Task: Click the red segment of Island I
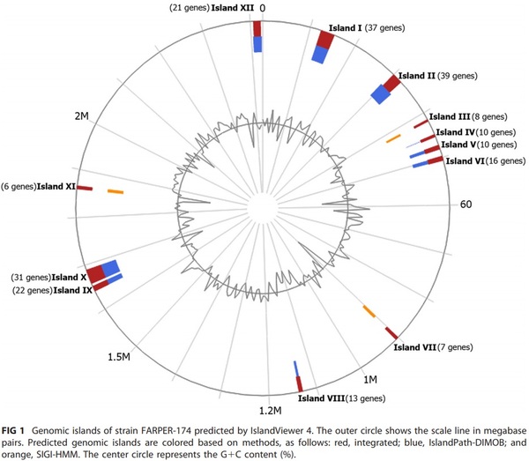pos(324,40)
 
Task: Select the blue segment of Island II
pos(381,93)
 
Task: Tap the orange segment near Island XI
pos(115,191)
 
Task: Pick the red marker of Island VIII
pos(300,384)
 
